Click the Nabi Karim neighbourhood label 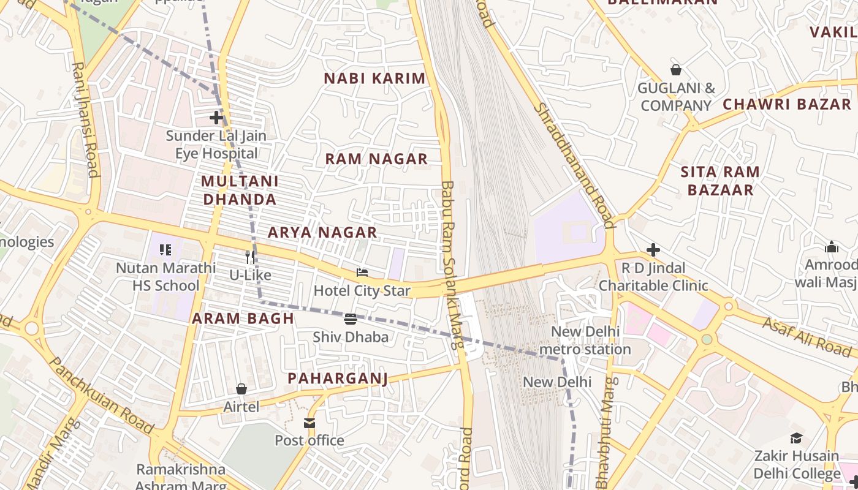374,78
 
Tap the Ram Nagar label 376,159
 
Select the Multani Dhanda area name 240,190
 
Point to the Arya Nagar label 322,233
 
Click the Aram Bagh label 243,318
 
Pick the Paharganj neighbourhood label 338,379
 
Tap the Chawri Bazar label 787,104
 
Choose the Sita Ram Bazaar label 720,181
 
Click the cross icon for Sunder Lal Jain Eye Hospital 216,117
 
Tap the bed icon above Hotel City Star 362,272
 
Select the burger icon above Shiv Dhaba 351,318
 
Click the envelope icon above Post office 309,423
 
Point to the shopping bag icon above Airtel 241,389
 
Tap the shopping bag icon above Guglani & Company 676,70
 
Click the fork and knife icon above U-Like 250,257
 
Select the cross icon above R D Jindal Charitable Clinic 653,250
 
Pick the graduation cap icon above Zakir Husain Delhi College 796,438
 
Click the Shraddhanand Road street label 574,165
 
